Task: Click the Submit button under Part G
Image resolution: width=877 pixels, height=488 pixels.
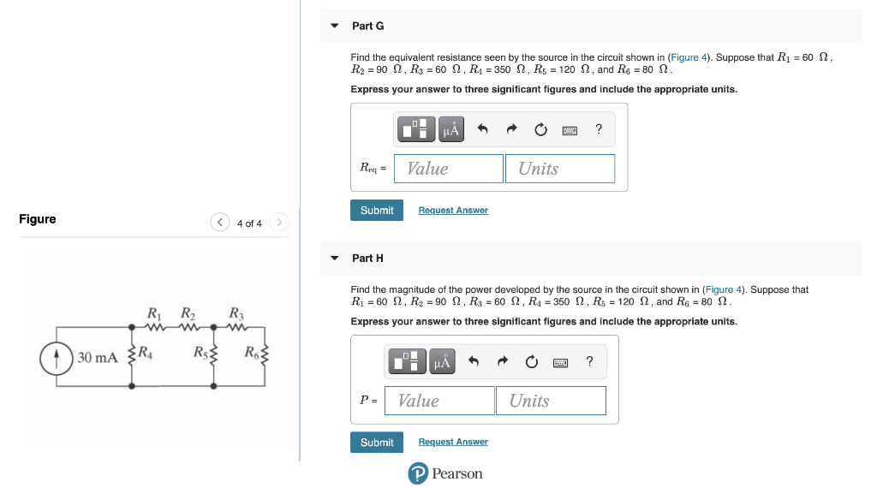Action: tap(376, 211)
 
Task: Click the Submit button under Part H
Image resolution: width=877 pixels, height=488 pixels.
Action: tap(376, 443)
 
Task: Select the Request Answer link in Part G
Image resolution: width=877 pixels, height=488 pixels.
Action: tap(453, 211)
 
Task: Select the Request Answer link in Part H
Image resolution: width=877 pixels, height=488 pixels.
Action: tap(453, 443)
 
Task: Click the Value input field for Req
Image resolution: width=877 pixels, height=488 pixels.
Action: tap(449, 169)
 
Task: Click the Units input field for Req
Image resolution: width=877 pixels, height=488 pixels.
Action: tap(560, 169)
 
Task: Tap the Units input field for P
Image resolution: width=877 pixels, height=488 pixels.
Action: tap(551, 401)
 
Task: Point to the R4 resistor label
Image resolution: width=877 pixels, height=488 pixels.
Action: tap(146, 350)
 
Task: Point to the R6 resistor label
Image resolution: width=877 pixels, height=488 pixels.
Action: tap(251, 350)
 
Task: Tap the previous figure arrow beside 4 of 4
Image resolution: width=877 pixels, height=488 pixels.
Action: tap(219, 223)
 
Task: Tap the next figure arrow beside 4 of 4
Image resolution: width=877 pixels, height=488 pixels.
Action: tap(278, 223)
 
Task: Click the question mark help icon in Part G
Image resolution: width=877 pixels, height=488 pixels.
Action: tap(599, 129)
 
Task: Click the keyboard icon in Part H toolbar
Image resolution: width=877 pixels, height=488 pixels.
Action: tap(560, 362)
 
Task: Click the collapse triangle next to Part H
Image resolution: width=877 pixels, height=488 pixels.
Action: tap(334, 258)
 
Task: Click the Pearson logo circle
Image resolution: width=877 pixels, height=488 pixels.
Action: tap(417, 474)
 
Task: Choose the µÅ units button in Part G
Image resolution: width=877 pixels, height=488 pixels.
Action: tap(451, 130)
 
